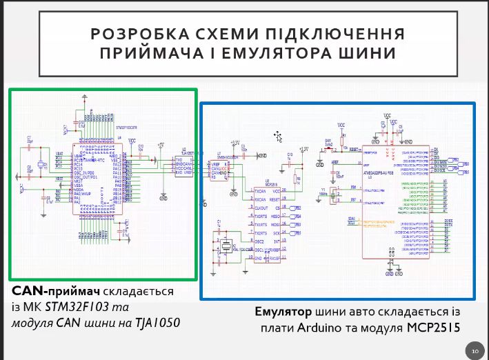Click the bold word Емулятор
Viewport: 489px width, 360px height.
tap(283, 310)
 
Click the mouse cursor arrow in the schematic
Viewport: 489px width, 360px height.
tap(278, 135)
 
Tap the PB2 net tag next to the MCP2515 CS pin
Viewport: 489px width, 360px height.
tap(297, 208)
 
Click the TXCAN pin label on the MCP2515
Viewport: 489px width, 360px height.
tap(260, 190)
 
